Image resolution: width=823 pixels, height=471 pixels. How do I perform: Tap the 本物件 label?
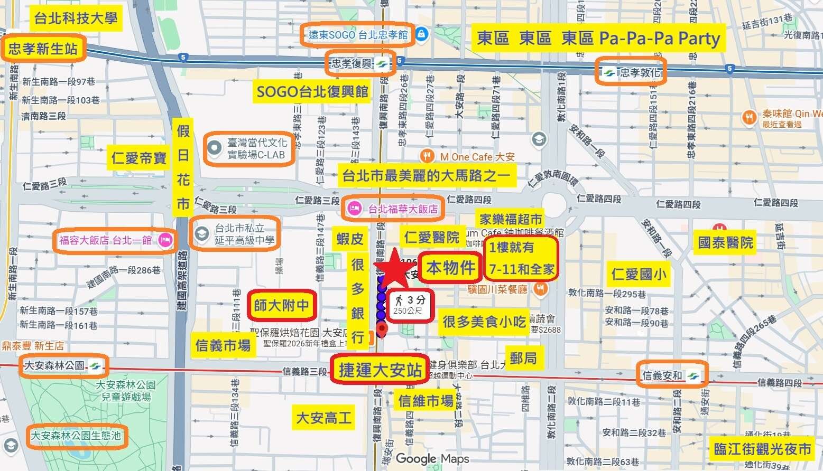coord(450,268)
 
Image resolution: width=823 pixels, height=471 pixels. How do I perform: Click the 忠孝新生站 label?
coord(43,49)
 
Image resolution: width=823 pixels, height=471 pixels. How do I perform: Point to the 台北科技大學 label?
coord(75,18)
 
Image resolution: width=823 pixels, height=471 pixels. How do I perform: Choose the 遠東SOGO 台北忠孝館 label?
coord(358,35)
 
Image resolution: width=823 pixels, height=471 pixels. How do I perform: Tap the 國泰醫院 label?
coord(725,242)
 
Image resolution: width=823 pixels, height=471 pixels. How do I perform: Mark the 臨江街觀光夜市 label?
coord(762,448)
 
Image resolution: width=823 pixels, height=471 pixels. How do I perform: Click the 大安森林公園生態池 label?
coord(76,436)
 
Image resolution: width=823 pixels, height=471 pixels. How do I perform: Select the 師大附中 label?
coord(281,305)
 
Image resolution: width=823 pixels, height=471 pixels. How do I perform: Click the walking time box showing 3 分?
coord(410,305)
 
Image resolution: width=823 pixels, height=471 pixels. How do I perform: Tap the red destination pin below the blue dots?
coord(381,330)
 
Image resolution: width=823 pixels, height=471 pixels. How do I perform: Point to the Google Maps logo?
coord(432,459)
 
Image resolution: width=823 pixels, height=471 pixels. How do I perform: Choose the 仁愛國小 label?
coord(639,274)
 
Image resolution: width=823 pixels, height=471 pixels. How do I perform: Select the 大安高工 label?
coord(323,418)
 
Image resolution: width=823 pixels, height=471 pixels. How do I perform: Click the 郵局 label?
coord(523,358)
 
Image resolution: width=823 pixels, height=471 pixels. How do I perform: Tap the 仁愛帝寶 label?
coord(139,157)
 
